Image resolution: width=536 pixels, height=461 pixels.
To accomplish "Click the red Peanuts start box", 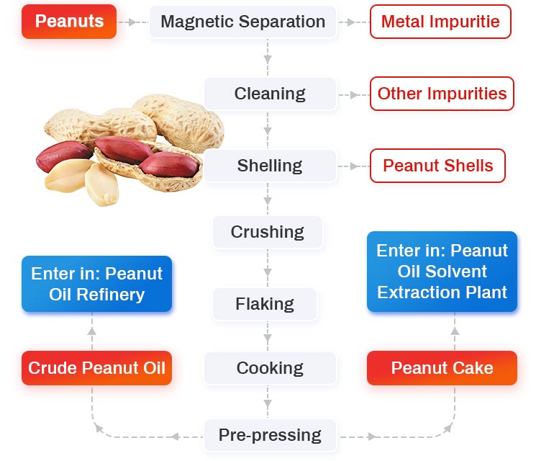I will (x=69, y=22).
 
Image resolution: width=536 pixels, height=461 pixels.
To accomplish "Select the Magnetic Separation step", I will (x=242, y=22).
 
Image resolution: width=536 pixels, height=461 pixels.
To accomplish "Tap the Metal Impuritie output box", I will (x=440, y=22).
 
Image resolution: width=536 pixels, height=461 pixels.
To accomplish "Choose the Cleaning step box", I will (x=270, y=94).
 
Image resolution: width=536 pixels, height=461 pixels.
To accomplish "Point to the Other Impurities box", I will (x=442, y=94).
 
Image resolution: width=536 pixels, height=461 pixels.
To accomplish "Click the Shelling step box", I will (x=270, y=166).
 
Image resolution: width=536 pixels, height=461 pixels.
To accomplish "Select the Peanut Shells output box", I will (x=437, y=166).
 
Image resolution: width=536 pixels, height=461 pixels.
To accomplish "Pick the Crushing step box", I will (x=268, y=232).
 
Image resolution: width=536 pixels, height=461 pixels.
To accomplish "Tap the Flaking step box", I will (x=265, y=304).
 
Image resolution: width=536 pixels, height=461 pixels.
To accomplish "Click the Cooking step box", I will (x=270, y=368).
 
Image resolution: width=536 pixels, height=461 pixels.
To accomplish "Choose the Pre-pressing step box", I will (x=270, y=435).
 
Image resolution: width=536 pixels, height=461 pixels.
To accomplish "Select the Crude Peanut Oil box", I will (x=96, y=368).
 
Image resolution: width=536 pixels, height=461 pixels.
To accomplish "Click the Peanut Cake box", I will (x=442, y=368).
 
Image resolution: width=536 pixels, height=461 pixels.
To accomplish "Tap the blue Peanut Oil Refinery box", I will (x=96, y=284).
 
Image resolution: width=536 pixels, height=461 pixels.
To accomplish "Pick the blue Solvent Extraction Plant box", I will (x=442, y=272).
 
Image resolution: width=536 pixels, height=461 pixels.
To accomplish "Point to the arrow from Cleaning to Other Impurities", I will (x=352, y=94).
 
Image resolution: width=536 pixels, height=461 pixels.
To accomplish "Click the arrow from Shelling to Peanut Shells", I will (x=352, y=166).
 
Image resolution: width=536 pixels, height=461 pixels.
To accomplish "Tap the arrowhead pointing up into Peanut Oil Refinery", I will (x=91, y=330).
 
